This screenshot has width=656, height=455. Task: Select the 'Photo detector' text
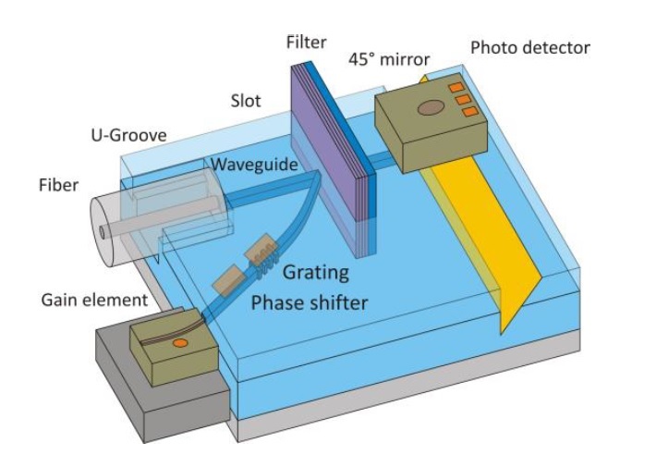tap(529, 46)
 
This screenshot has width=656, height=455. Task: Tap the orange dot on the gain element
tap(182, 344)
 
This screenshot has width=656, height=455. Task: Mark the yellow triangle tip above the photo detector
tap(424, 77)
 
